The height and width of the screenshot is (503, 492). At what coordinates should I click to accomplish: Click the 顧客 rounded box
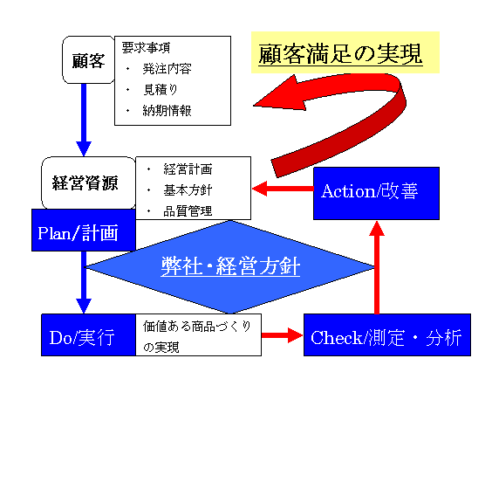88,59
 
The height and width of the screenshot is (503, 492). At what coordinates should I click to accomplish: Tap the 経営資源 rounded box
88,183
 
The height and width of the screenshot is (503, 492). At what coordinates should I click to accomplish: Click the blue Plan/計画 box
84,230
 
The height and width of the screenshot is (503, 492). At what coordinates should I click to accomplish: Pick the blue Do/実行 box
88,335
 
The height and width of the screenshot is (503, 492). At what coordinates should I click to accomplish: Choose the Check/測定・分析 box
387,335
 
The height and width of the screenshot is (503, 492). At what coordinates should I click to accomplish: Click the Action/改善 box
376,194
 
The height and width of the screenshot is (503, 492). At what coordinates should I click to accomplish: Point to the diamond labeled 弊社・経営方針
229,267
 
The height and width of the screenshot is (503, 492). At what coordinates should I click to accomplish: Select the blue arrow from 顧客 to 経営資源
84,120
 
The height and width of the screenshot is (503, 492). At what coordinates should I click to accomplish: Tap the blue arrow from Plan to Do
84,282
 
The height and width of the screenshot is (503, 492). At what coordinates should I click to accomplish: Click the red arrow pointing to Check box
282,335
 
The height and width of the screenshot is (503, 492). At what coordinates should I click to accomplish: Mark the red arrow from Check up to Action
377,267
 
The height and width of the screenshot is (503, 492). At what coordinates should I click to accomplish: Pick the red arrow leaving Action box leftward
283,189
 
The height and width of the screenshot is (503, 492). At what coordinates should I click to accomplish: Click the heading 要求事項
146,48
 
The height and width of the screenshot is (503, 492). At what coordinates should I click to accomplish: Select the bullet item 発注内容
167,69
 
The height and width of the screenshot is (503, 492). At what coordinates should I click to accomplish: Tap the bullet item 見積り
161,89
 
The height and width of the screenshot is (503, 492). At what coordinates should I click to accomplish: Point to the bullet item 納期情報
167,111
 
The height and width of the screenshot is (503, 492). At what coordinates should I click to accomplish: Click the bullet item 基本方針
188,189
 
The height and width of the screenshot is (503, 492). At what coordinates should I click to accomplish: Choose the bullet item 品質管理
188,211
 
